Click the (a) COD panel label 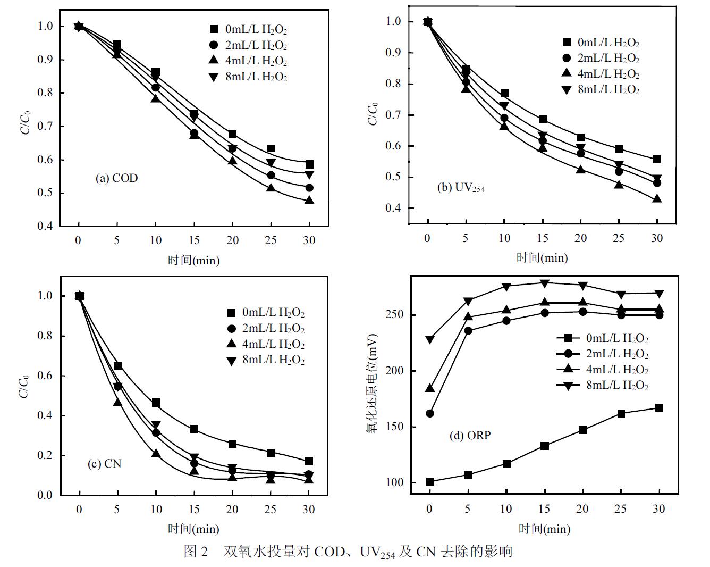point(116,178)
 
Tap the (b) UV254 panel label point(461,187)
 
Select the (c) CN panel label point(104,464)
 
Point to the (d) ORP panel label point(470,436)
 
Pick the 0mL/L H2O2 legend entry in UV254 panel point(601,43)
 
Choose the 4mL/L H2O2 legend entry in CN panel point(266,344)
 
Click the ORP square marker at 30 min point(659,408)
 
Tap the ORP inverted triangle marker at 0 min point(430,339)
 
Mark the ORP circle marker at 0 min point(430,413)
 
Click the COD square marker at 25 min point(271,149)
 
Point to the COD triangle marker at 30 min point(309,200)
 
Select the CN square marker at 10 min point(156,403)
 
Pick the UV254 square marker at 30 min point(657,159)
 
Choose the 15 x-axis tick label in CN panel point(194,510)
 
